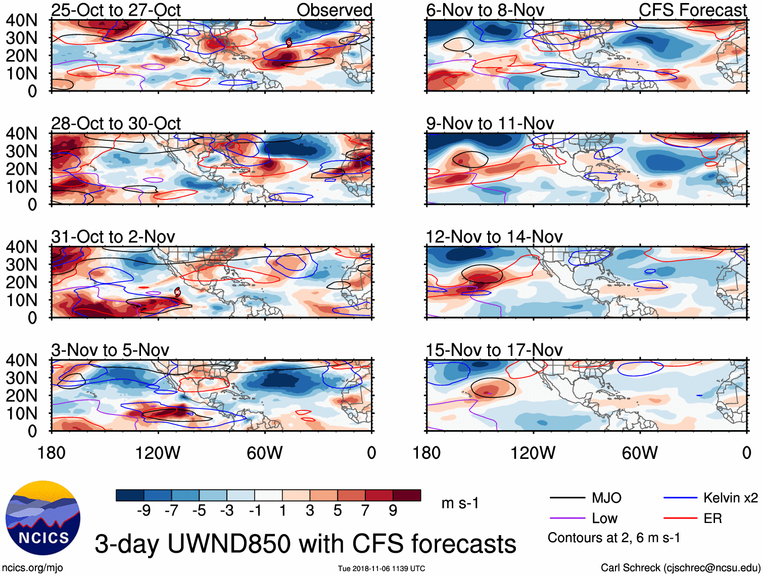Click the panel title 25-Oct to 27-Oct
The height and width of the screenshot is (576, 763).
pos(116,10)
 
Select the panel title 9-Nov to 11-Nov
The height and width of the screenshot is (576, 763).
pos(490,123)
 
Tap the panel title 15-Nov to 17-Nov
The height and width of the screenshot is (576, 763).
pos(494,350)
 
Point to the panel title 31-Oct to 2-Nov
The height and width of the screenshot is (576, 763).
pos(113,237)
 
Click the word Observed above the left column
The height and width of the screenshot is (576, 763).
pos(334,10)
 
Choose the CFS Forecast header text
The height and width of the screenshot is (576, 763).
pos(692,10)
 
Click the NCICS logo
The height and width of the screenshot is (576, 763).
pos(43,517)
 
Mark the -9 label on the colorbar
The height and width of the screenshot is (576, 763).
pos(144,511)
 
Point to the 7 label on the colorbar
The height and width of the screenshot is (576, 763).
pos(365,511)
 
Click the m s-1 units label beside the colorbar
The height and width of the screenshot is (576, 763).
pos(460,503)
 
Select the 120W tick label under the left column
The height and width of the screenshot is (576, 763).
pos(158,453)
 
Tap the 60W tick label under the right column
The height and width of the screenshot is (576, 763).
pos(640,453)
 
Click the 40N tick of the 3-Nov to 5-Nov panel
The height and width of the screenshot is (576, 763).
pos(21,360)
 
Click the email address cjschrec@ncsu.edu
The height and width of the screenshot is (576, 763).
pos(711,567)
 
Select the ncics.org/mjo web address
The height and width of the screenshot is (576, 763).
pos(32,567)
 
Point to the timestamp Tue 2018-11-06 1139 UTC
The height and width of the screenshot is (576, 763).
pos(381,568)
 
